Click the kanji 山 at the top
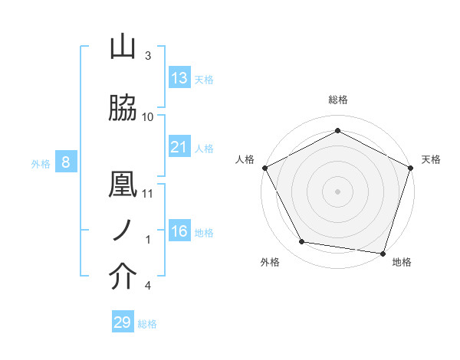click(x=123, y=47)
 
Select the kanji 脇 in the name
click(x=123, y=110)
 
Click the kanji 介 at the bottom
click(x=123, y=278)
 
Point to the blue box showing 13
click(x=179, y=78)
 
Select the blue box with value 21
click(x=179, y=147)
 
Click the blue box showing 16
click(x=179, y=231)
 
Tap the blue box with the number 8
click(x=66, y=162)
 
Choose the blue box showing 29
click(x=123, y=322)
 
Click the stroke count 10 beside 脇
click(x=148, y=117)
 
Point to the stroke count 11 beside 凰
click(x=148, y=194)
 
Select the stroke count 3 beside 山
click(x=148, y=56)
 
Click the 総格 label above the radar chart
click(x=337, y=100)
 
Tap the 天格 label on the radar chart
click(x=431, y=159)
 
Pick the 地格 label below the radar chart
click(x=402, y=262)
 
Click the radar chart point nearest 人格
click(x=264, y=167)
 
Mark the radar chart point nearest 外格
click(x=302, y=242)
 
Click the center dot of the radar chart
click(x=337, y=191)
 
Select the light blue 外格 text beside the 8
click(x=41, y=163)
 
